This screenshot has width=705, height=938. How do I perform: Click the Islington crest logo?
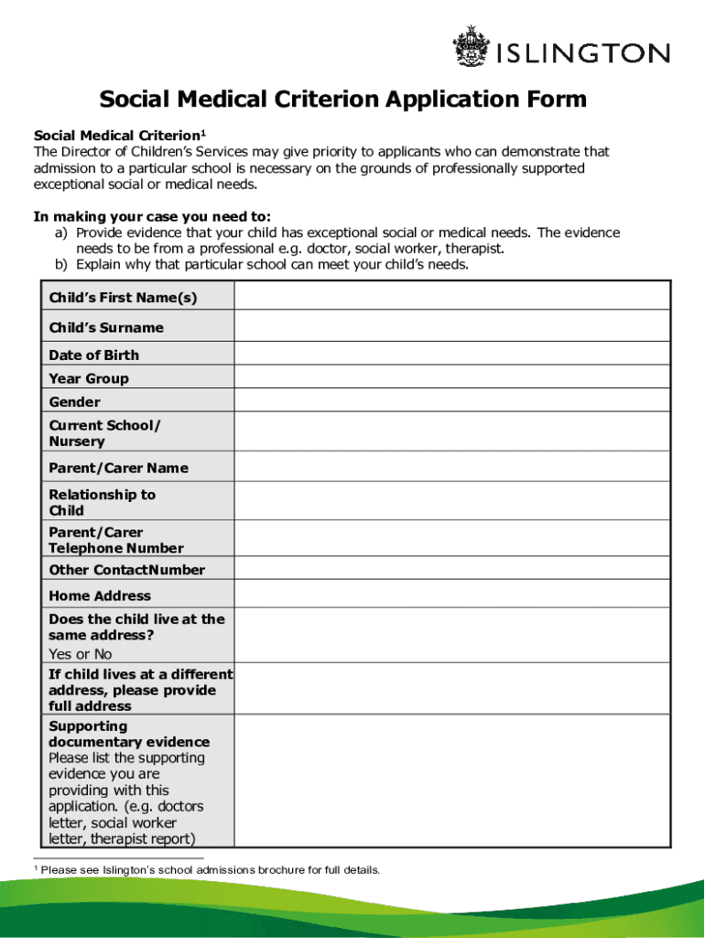(472, 49)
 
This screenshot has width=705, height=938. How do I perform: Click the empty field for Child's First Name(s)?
(451, 296)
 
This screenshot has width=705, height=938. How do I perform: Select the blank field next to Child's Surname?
(451, 326)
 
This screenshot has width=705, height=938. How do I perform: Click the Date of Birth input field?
(451, 354)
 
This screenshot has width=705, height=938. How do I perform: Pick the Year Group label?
(89, 378)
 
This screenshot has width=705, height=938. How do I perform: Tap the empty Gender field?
(451, 402)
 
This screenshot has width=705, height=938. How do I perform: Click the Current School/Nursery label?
(104, 433)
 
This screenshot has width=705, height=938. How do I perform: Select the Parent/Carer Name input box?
(451, 467)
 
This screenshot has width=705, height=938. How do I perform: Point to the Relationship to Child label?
(102, 503)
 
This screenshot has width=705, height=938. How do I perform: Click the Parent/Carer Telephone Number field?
(451, 540)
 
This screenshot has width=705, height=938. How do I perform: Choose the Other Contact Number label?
(126, 570)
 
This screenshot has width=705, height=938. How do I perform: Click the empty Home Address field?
(451, 595)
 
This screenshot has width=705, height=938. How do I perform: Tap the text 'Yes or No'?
(80, 654)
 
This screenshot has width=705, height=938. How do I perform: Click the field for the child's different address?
(451, 690)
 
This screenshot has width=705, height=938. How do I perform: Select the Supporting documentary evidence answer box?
(451, 781)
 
